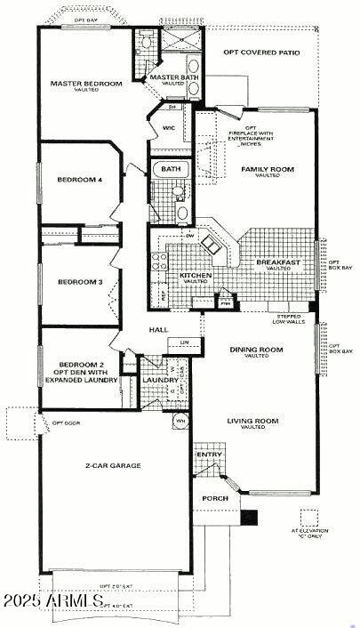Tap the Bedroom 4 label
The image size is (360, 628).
(80, 180)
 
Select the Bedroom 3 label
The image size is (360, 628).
(80, 282)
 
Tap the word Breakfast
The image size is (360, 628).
(278, 262)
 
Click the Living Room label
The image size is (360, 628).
(252, 423)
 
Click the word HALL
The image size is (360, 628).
(158, 330)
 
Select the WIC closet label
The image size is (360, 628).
(168, 128)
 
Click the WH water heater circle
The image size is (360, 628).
(180, 420)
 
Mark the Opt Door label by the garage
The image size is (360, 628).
(67, 423)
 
